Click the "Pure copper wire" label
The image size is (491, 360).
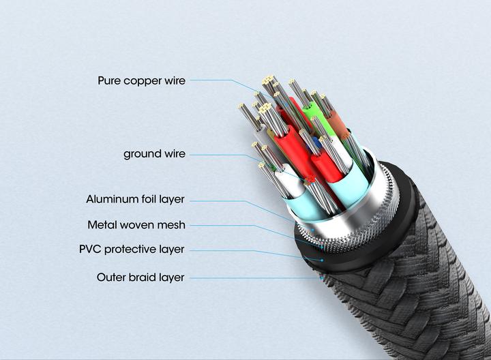coord(141,80)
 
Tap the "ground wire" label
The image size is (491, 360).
coord(154,154)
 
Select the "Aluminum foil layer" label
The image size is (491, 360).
coord(135,200)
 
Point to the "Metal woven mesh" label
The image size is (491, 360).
coord(136,225)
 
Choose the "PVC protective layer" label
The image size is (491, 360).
coord(132,249)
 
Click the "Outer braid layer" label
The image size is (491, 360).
coord(140,277)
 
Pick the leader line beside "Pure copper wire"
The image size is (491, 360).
coord(218,80)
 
